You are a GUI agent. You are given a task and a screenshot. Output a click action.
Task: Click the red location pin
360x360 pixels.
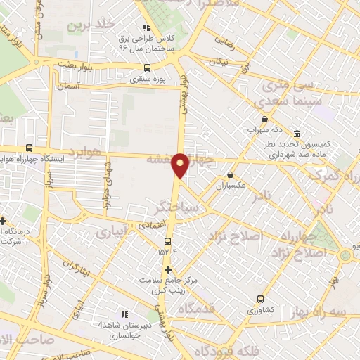(x=181, y=165)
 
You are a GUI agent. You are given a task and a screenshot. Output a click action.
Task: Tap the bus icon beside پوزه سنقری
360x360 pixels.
(x=147, y=68)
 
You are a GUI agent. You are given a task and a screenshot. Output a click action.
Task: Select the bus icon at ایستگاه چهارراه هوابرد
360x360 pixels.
(x=29, y=148)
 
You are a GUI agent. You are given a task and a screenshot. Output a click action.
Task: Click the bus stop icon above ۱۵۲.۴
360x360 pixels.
(x=167, y=242)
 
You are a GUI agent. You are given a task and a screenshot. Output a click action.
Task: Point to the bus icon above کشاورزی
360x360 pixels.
(x=261, y=298)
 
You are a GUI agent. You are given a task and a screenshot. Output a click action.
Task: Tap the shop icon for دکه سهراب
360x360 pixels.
(x=264, y=120)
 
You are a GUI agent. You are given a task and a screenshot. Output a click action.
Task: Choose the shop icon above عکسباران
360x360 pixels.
(x=230, y=175)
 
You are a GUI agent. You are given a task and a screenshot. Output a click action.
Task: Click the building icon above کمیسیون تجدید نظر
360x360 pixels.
(x=297, y=134)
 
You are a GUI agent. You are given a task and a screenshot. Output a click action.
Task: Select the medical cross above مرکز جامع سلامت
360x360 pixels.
(x=168, y=269)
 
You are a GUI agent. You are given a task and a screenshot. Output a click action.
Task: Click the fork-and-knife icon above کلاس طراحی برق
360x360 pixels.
(x=146, y=7)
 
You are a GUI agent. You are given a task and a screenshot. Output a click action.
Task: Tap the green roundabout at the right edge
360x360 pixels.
(x=345, y=255)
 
